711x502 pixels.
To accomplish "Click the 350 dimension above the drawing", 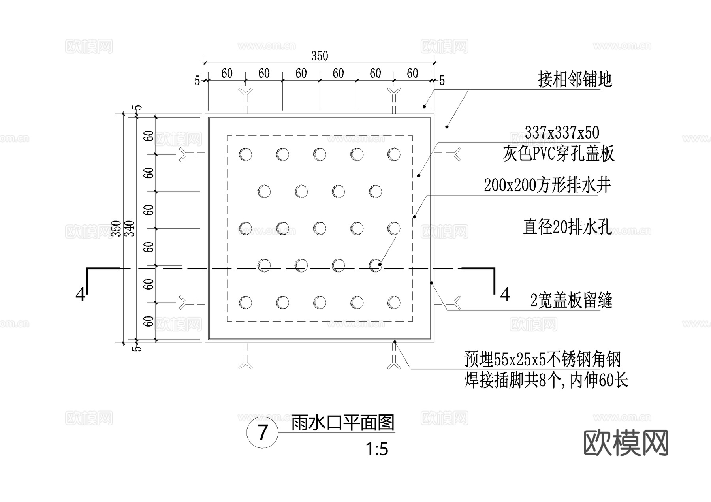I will pyautogui.click(x=320, y=56).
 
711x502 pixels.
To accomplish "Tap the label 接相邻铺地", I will pyautogui.click(x=574, y=80).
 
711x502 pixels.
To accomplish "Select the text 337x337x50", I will pyautogui.click(x=562, y=133).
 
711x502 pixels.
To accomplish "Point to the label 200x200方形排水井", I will pyautogui.click(x=547, y=185).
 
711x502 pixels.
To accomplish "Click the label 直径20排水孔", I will pyautogui.click(x=567, y=227).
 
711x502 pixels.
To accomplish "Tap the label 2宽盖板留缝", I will pyautogui.click(x=571, y=301).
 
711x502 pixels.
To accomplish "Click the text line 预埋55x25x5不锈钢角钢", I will pyautogui.click(x=542, y=359).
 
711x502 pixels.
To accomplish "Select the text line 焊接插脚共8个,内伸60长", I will pyautogui.click(x=546, y=380).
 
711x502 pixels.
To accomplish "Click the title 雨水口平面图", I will pyautogui.click(x=342, y=423).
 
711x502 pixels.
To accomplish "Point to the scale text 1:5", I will pyautogui.click(x=377, y=449).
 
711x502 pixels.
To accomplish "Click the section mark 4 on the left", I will pyautogui.click(x=81, y=295).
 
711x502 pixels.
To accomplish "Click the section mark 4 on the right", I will pyautogui.click(x=505, y=295).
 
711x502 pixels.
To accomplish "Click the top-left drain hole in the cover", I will pyautogui.click(x=245, y=154).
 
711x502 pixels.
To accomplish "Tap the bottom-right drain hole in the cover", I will pyautogui.click(x=394, y=303).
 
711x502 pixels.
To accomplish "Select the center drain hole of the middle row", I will pyautogui.click(x=320, y=228).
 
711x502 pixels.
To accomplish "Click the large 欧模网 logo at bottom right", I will pyautogui.click(x=626, y=443).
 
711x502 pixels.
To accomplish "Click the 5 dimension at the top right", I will pyautogui.click(x=442, y=81).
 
